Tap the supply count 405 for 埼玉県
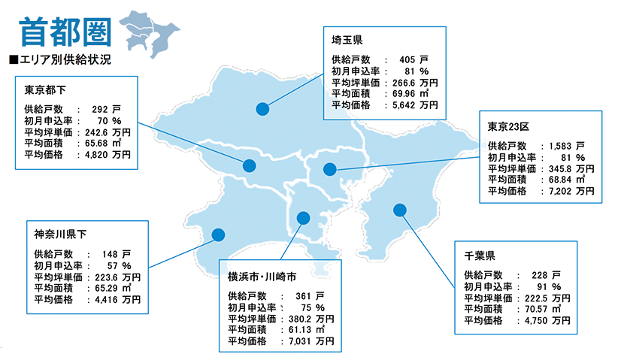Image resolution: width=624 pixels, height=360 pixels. pyautogui.click(x=408, y=59)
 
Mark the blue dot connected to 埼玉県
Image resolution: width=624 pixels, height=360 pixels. pyautogui.click(x=262, y=109)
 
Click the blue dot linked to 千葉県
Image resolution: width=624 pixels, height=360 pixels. pyautogui.click(x=399, y=210)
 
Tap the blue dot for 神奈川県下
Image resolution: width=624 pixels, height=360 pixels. pyautogui.click(x=218, y=234)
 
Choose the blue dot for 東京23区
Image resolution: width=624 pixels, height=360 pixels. pyautogui.click(x=329, y=169)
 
